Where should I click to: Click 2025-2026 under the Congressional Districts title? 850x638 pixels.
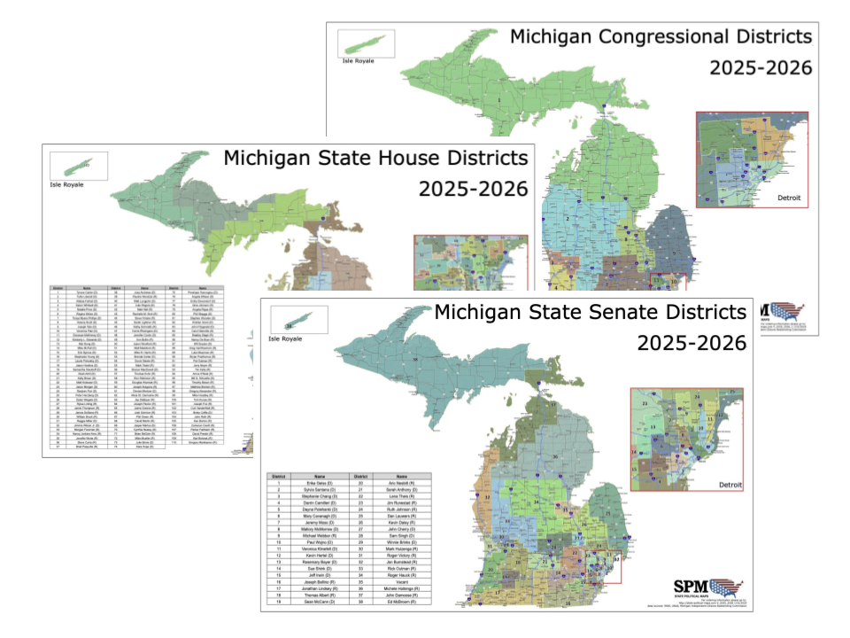click(761, 68)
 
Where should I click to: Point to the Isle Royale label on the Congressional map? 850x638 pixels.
click(360, 62)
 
